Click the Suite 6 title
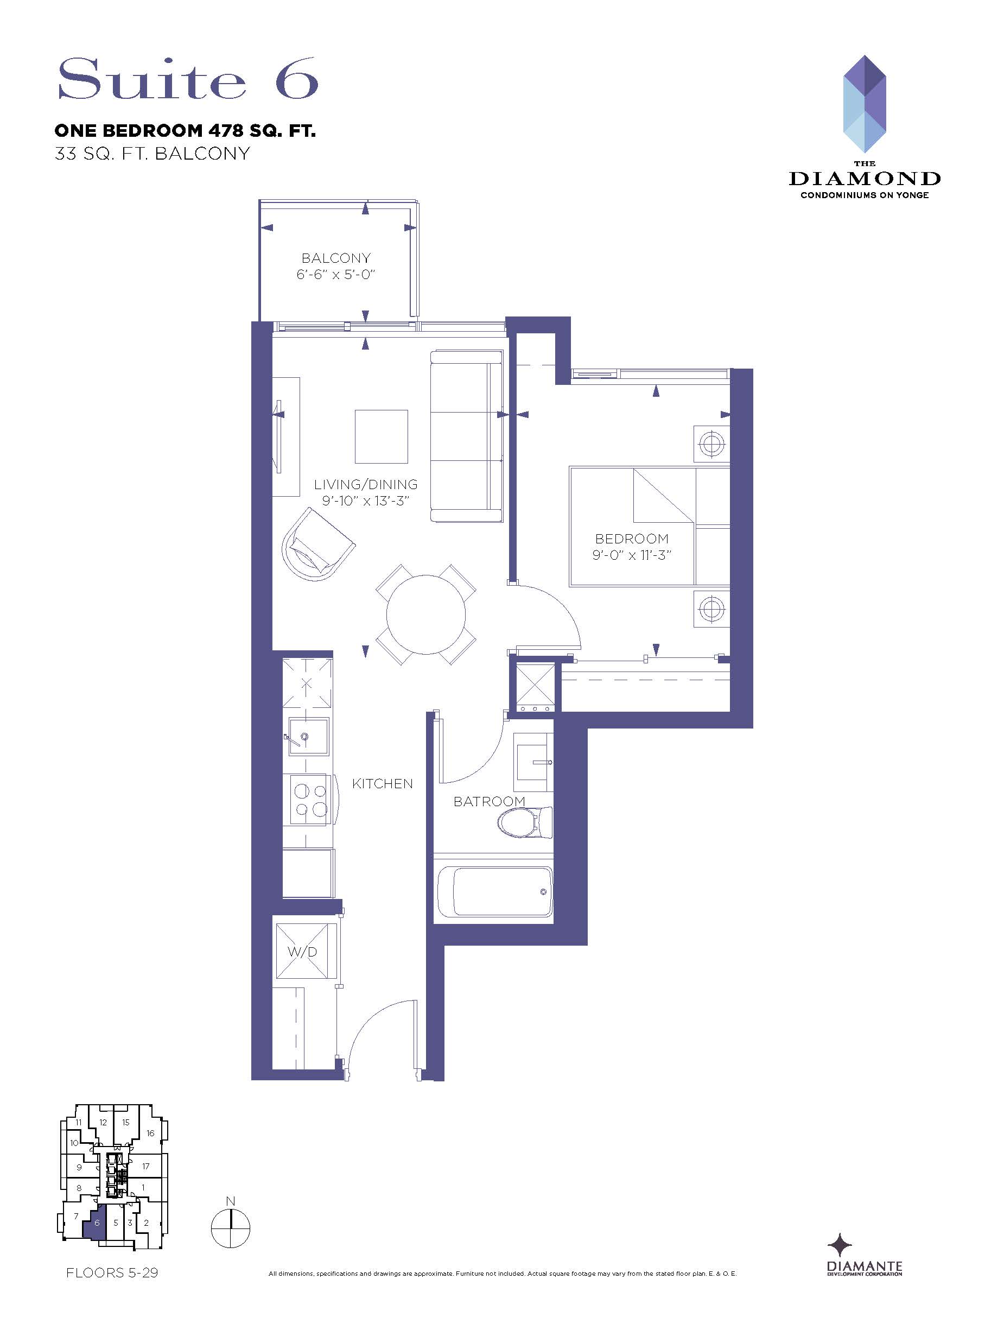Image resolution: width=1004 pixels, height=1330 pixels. pos(188,79)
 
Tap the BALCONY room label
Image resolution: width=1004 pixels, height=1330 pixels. pos(336,258)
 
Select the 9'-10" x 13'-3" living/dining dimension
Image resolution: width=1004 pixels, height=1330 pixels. pos(366,501)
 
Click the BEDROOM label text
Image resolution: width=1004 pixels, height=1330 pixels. pos(632,539)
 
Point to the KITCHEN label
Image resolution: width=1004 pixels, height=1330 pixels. pos(383,783)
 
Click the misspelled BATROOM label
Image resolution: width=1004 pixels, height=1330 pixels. pos(490,801)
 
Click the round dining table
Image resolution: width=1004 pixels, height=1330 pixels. pos(425,614)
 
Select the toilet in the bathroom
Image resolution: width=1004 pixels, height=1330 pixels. pos(525,822)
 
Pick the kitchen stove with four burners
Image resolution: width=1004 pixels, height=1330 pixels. pos(308,800)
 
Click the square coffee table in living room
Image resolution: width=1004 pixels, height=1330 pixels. pos(381,437)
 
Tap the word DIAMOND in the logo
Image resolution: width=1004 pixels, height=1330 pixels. pos(865,179)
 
